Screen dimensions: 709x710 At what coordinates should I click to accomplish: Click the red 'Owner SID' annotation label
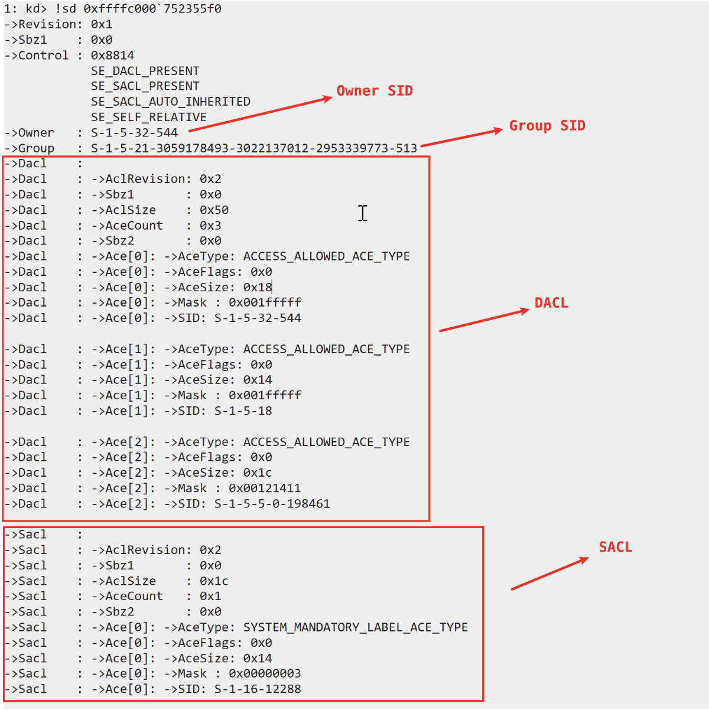pyautogui.click(x=374, y=90)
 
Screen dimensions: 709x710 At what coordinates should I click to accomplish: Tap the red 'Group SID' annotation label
pyautogui.click(x=547, y=126)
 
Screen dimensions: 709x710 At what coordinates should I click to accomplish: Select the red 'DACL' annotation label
pyautogui.click(x=551, y=303)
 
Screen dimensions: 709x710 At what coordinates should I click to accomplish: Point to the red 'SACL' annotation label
pyautogui.click(x=615, y=547)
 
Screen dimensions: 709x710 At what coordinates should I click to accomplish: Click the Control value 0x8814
pyautogui.click(x=112, y=56)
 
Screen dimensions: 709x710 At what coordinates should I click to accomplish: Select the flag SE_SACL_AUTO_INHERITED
pyautogui.click(x=171, y=102)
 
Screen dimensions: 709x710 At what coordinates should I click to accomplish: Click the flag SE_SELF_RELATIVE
pyautogui.click(x=148, y=117)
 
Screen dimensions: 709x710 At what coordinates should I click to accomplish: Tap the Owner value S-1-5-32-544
pyautogui.click(x=134, y=133)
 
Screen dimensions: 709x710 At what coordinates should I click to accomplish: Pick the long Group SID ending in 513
pyautogui.click(x=253, y=148)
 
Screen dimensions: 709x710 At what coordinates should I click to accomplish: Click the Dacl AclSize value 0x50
pyautogui.click(x=214, y=210)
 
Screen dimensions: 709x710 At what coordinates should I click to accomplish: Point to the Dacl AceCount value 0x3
pyautogui.click(x=210, y=226)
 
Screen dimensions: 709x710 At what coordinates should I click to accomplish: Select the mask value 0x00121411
pyautogui.click(x=265, y=488)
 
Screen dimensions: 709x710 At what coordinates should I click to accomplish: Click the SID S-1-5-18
pyautogui.click(x=243, y=411)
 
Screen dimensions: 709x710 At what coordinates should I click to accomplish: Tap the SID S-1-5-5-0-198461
pyautogui.click(x=272, y=504)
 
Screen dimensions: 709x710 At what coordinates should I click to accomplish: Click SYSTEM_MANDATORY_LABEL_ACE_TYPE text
pyautogui.click(x=356, y=627)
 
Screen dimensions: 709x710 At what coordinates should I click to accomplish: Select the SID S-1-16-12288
pyautogui.click(x=258, y=689)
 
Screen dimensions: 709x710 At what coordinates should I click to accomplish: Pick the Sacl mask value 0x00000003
pyautogui.click(x=265, y=673)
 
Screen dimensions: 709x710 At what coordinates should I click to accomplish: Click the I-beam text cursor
pyautogui.click(x=363, y=213)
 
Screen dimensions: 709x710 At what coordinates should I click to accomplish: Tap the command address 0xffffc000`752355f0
pyautogui.click(x=152, y=8)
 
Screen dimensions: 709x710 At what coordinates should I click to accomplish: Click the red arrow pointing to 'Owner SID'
pyautogui.click(x=261, y=114)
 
